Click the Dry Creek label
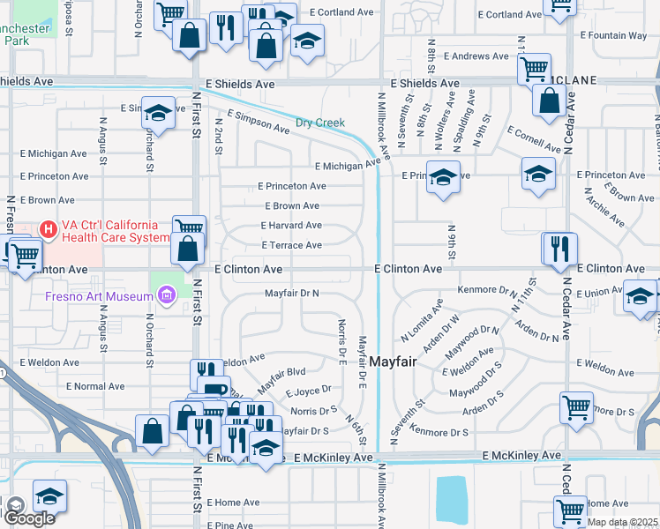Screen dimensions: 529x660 [319, 123]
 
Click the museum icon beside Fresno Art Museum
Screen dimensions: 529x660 [164, 296]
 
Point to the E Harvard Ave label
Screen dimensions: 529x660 [290, 226]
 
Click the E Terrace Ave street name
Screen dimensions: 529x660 [291, 245]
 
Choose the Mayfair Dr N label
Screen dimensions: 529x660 [291, 293]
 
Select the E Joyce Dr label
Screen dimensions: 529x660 [308, 389]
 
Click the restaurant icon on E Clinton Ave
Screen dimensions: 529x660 [559, 248]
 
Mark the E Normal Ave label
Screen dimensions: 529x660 [88, 386]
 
